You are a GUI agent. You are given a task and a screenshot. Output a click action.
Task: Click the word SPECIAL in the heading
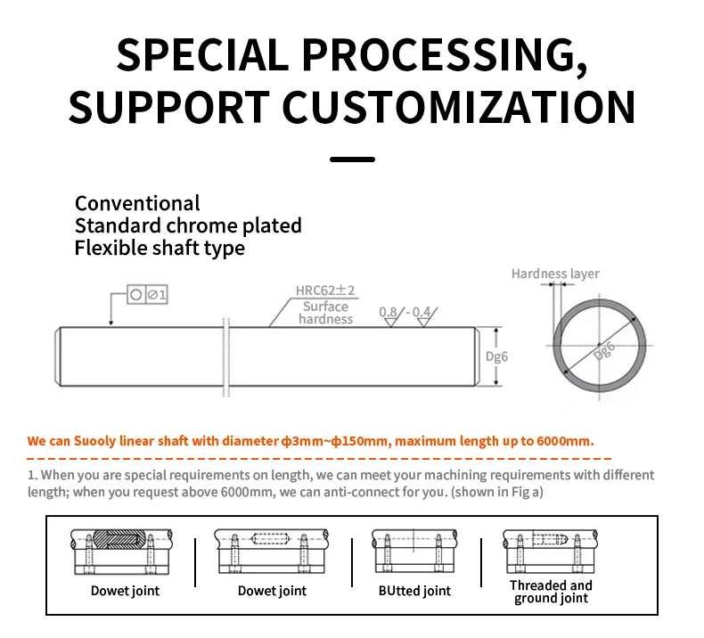click(x=202, y=54)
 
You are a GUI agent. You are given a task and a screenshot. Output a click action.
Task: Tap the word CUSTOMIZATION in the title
click(x=458, y=107)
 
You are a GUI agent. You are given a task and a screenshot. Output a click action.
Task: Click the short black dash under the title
click(x=352, y=159)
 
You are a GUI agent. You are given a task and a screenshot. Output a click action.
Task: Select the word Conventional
click(x=137, y=203)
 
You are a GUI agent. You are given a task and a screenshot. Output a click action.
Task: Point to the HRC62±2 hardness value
click(x=325, y=290)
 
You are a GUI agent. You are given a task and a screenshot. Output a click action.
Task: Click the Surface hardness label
click(x=325, y=313)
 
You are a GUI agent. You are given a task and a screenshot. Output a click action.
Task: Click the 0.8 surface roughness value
click(x=388, y=312)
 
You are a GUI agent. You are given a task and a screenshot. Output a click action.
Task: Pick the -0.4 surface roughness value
click(x=418, y=312)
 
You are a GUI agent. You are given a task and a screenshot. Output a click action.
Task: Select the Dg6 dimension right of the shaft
click(x=496, y=356)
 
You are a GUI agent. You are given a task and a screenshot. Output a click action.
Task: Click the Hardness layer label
click(x=555, y=274)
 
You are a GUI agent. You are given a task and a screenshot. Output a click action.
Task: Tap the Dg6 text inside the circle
click(x=604, y=351)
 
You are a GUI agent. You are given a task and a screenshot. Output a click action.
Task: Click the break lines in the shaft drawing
click(x=226, y=357)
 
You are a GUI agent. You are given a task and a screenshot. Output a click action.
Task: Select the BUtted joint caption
click(x=414, y=591)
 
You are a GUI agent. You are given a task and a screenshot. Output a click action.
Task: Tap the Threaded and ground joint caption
click(x=551, y=592)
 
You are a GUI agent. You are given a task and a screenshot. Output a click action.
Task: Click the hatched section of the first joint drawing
click(x=119, y=539)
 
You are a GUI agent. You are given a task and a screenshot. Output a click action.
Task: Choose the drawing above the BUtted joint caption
click(x=414, y=551)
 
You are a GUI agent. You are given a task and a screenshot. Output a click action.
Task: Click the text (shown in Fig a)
click(x=497, y=492)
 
